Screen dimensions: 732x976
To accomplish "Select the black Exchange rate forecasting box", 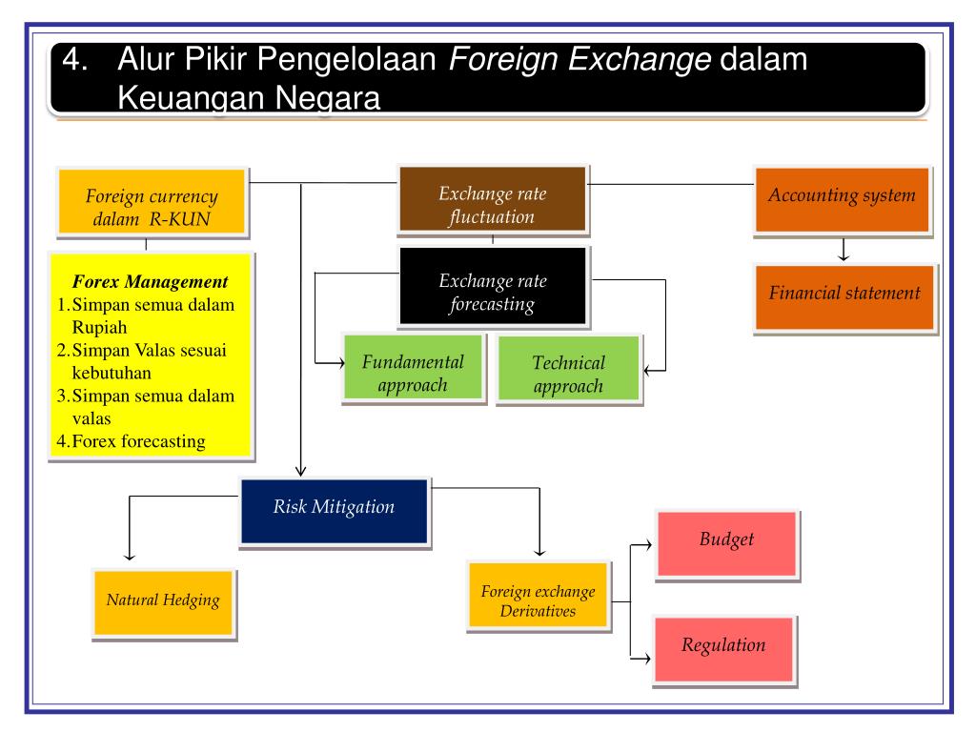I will pyautogui.click(x=493, y=293).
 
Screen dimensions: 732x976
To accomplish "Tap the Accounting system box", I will pyautogui.click(x=842, y=196).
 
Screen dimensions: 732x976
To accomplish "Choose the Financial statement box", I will pyautogui.click(x=844, y=294).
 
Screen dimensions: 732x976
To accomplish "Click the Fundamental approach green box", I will pyautogui.click(x=413, y=374).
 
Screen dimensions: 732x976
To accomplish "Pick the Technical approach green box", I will pyautogui.click(x=568, y=375).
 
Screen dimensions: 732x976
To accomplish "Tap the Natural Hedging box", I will pyautogui.click(x=162, y=601).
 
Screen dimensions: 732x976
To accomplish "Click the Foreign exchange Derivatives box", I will pyautogui.click(x=538, y=601).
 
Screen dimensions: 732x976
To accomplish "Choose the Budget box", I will pyautogui.click(x=726, y=540).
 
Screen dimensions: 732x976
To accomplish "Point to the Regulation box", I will pyautogui.click(x=723, y=646).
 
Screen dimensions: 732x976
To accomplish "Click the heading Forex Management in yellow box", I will pyautogui.click(x=151, y=282).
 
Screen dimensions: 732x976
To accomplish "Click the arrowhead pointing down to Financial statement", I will pyautogui.click(x=844, y=256).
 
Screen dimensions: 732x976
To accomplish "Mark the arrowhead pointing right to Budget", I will pyautogui.click(x=647, y=545).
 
